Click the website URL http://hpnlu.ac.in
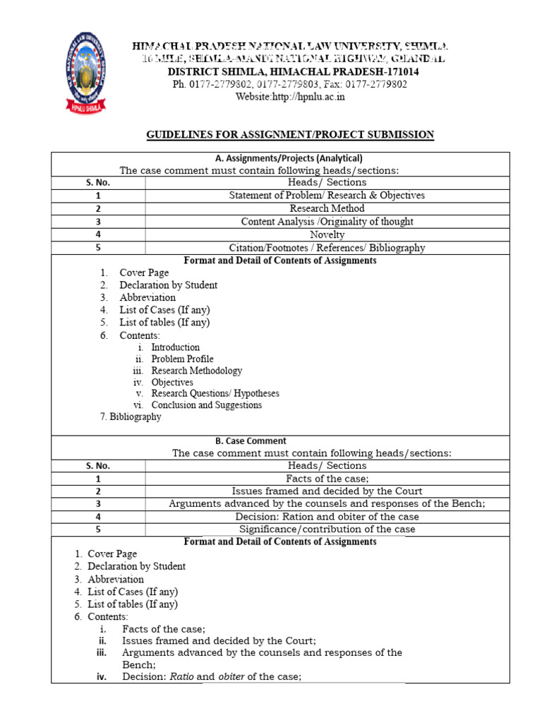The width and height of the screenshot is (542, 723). [x=290, y=97]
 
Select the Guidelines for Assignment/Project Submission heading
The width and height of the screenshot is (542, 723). [x=290, y=134]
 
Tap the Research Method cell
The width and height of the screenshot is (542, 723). [x=327, y=208]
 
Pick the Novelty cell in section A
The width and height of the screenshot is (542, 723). [x=327, y=234]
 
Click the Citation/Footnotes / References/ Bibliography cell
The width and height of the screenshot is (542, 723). [x=327, y=247]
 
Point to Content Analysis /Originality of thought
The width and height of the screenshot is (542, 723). [x=327, y=221]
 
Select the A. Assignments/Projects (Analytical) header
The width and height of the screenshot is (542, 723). [x=281, y=158]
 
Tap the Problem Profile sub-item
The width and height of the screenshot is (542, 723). [x=182, y=359]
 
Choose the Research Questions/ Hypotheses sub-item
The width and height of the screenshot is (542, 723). [x=215, y=393]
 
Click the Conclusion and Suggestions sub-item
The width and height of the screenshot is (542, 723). [x=206, y=405]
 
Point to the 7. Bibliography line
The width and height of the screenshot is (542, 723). [x=131, y=417]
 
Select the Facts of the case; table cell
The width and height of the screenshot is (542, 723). [x=327, y=478]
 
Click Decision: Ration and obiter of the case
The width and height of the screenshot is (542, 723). [x=327, y=516]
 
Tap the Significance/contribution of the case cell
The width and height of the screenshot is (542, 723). [x=327, y=529]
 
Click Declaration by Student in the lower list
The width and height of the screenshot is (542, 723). [x=136, y=566]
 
